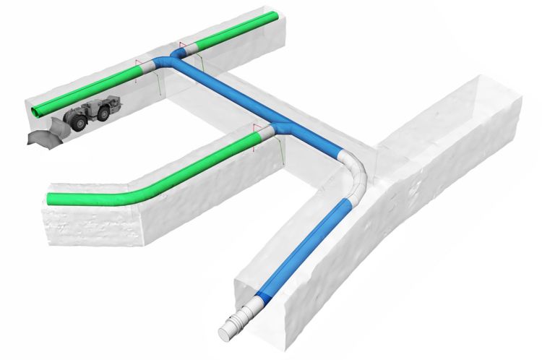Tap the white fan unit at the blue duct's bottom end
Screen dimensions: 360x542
(x=234, y=325)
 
